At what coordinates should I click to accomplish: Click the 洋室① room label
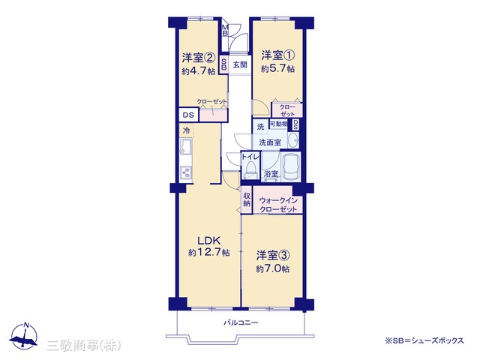point(278,55)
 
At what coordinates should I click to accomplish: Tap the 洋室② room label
point(198,58)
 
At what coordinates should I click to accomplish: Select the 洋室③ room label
point(273,255)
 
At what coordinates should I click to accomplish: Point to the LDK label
point(208,240)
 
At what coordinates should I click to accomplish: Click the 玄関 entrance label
point(240,65)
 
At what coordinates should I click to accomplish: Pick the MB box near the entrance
point(225,31)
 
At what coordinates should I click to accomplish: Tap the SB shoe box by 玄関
point(223,64)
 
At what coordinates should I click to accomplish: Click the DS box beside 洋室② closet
point(188,115)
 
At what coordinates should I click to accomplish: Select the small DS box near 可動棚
point(295,124)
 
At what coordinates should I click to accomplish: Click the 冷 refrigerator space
point(187,130)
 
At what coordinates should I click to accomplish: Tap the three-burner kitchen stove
point(185,173)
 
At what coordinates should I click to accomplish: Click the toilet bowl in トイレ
point(250,169)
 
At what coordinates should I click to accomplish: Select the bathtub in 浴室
point(291,166)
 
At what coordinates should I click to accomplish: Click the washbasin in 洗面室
point(293,140)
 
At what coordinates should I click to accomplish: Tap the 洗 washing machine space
point(260,127)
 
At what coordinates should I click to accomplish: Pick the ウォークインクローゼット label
point(278,205)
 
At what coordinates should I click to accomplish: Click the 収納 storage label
point(247,199)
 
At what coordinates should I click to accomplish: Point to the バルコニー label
point(241,322)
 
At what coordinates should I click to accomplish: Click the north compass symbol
point(23,335)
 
